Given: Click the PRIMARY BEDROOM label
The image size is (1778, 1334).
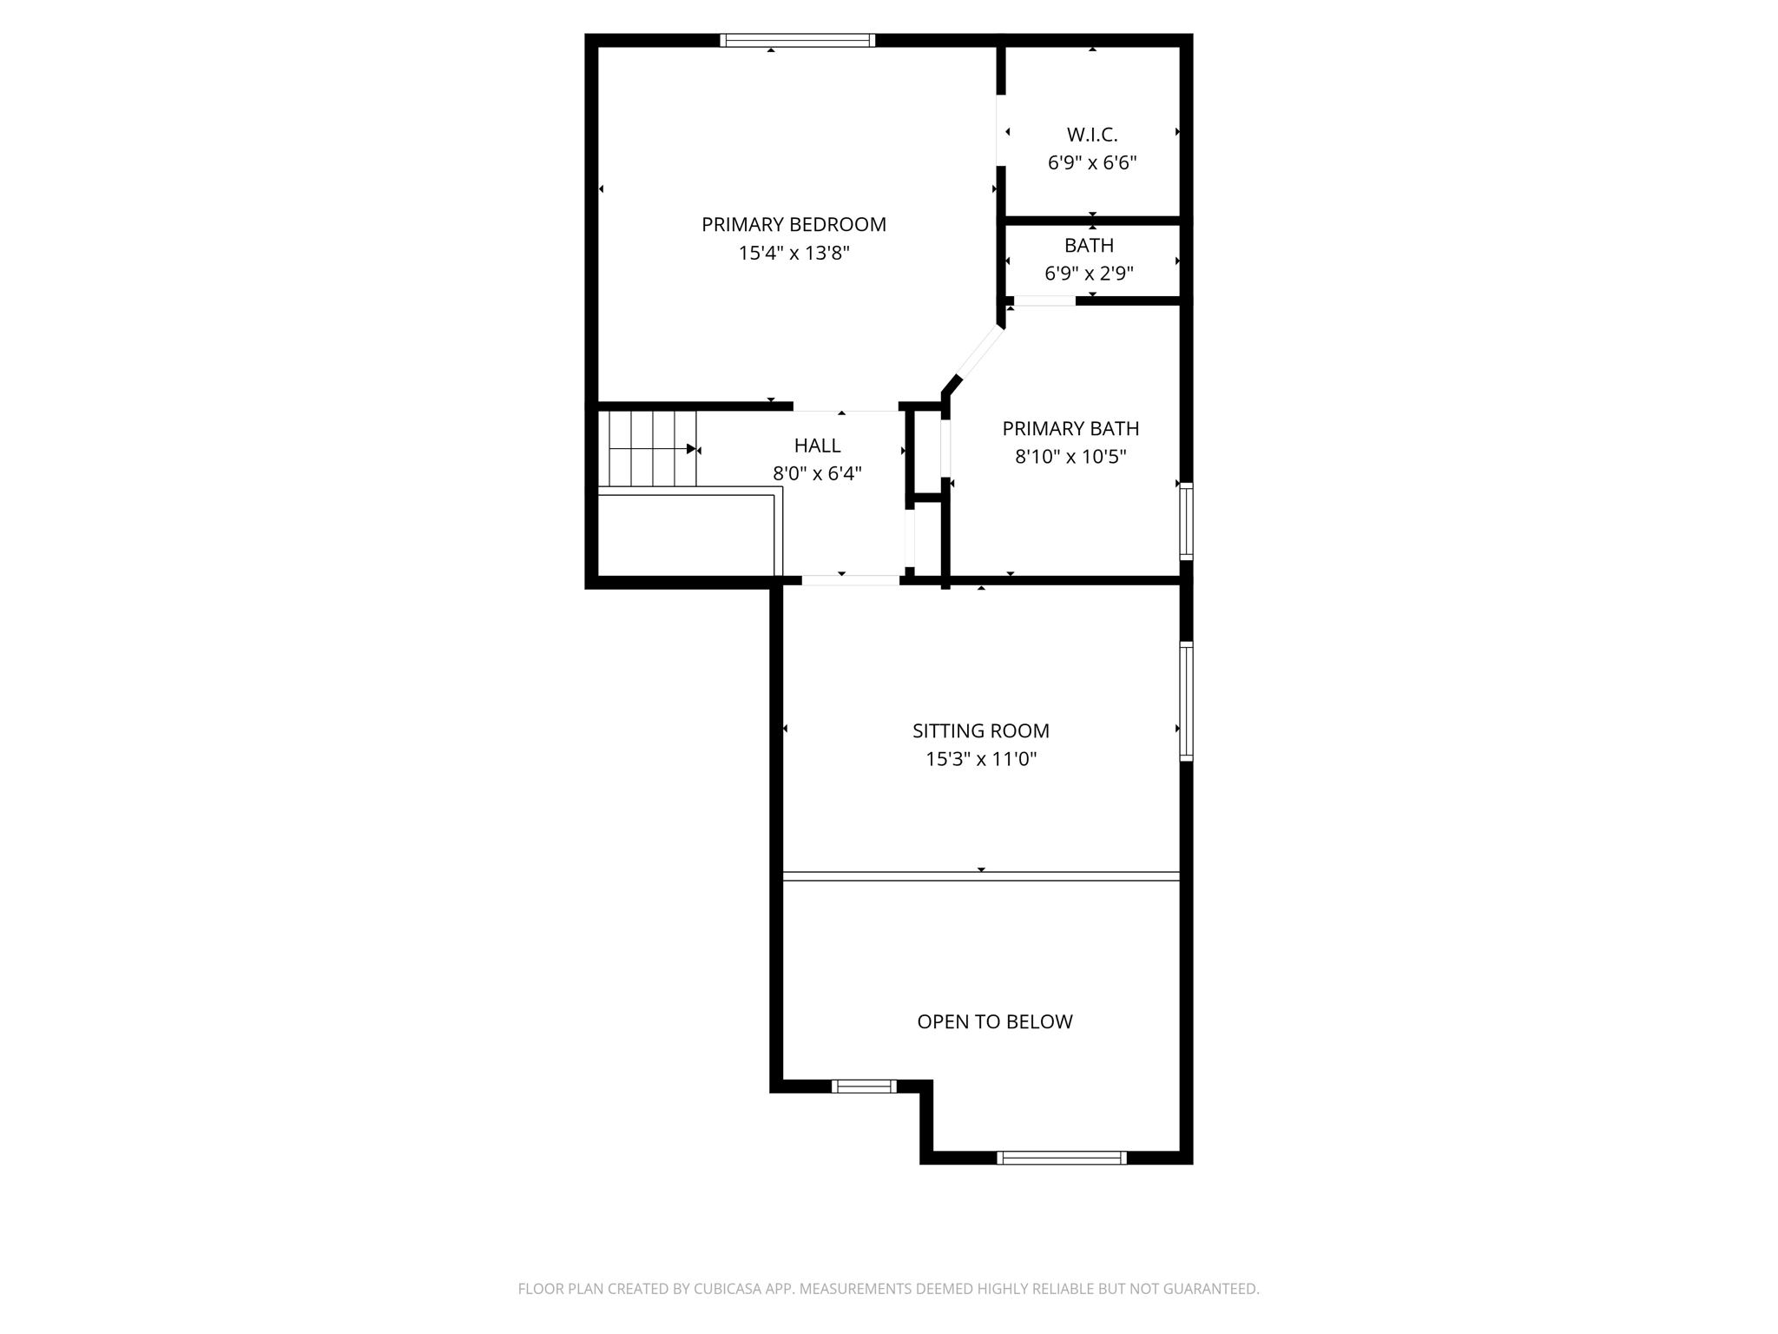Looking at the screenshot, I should coord(794,225).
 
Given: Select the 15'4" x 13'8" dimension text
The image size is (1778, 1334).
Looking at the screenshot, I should coord(794,254).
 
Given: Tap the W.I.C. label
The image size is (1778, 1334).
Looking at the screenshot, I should coord(1091,135).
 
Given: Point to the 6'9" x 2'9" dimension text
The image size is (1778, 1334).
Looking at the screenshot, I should coord(1089,274).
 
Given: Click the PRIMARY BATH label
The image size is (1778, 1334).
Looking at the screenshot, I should coord(1070,428).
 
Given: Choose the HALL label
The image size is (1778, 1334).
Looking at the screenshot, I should coord(817,446).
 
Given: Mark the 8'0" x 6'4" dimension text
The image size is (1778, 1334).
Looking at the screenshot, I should coord(817,473).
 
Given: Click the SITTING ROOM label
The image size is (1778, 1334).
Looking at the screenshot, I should coord(980,731).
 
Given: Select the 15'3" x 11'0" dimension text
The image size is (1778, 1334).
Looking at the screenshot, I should coord(980,759).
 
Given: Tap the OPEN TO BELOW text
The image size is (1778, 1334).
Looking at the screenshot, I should coord(994,1022).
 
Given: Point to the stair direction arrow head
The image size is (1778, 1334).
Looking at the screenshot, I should coord(692,449).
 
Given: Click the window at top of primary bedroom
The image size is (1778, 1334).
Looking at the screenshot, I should coord(797,40).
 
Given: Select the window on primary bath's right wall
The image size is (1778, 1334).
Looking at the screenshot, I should coord(1186,521).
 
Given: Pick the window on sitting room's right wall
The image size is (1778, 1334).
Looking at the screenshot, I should coord(1186,702).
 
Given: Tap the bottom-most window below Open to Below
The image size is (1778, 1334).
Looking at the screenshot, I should coord(1061,1157).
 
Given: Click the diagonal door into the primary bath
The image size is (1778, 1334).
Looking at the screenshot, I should coord(979,352).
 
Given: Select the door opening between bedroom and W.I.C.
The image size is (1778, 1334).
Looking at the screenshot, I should coord(1000,130).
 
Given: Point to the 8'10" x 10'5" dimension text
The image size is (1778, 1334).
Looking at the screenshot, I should coord(1070,457).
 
